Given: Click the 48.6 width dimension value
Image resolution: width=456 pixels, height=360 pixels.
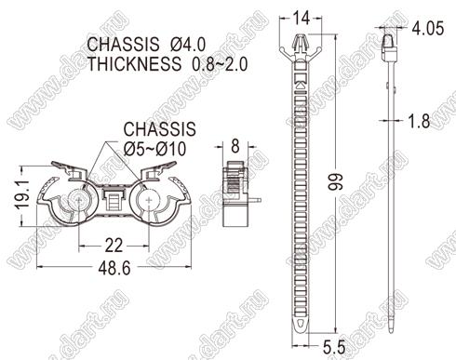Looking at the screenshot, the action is tap(114, 268).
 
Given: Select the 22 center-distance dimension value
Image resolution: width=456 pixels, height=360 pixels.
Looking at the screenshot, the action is tap(114, 246).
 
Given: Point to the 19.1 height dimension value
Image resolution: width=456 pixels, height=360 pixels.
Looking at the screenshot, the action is tap(22, 194).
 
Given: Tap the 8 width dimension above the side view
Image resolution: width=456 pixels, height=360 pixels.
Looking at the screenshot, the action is tap(235, 146).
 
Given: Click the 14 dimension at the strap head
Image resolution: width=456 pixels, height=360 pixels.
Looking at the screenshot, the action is tap(302, 19).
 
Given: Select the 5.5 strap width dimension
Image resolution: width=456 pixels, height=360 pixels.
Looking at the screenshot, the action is tap(334, 347).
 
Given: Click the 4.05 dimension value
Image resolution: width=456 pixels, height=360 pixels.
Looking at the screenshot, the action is tap(428, 28).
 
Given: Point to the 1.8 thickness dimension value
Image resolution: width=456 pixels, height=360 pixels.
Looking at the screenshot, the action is tap(419, 121).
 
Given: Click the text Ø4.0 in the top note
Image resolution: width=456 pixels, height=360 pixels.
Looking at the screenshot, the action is tap(188, 45).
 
